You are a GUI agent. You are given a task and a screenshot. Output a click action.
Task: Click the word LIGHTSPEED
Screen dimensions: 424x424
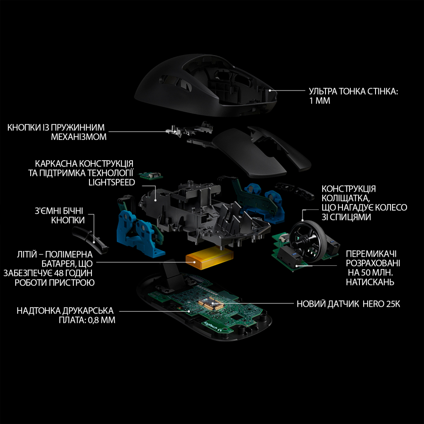[111, 182]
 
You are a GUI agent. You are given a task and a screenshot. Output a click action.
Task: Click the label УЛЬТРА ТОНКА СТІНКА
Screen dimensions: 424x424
[353, 92]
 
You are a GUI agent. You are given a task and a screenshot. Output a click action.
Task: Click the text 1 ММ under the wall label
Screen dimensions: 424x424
[319, 101]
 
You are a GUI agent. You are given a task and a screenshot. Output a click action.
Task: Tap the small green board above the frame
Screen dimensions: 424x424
[150, 176]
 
